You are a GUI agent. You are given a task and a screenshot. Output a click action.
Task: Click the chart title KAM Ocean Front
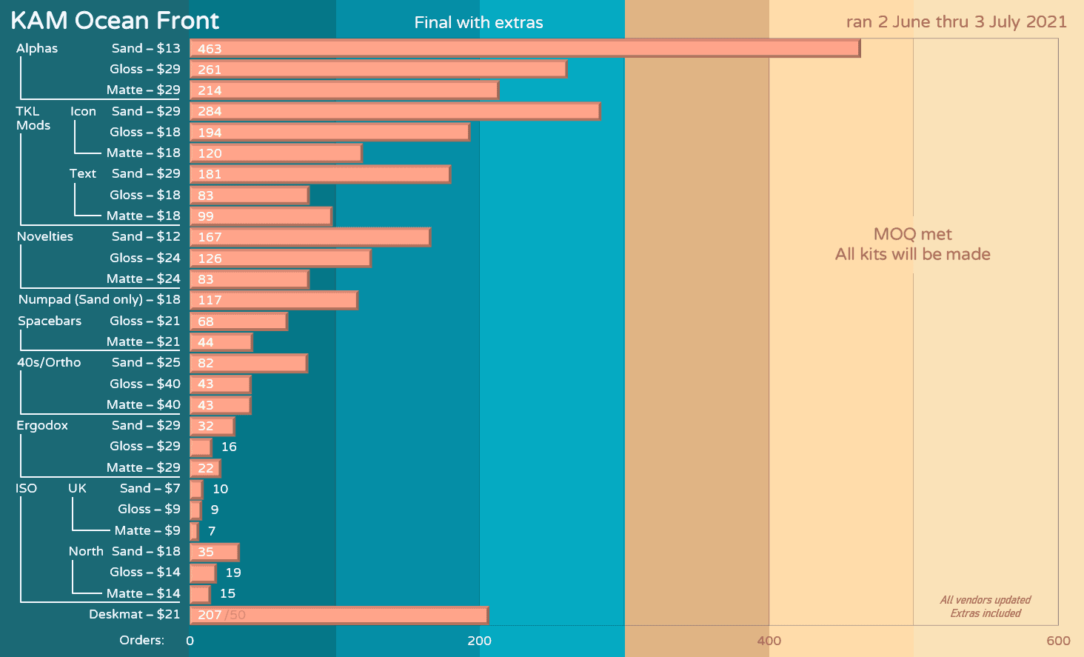(115, 21)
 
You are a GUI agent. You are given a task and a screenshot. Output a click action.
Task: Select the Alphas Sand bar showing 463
(524, 49)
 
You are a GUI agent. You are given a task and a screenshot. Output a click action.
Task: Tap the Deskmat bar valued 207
(338, 615)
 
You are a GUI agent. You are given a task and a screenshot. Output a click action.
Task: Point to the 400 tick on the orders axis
(769, 641)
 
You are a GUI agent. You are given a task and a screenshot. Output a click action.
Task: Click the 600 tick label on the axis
(1058, 641)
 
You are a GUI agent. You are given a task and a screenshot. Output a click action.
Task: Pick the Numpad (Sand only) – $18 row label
(99, 299)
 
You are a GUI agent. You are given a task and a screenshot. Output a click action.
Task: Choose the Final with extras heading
(478, 23)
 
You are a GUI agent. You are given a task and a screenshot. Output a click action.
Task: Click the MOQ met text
(912, 234)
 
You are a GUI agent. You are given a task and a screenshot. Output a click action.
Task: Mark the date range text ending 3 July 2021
(956, 21)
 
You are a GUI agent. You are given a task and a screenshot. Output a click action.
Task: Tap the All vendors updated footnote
(985, 600)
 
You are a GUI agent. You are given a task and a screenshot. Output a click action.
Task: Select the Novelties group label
(45, 236)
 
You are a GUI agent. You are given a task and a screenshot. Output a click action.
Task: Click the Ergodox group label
(42, 425)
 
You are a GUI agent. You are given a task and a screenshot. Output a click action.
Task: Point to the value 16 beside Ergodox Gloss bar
(229, 447)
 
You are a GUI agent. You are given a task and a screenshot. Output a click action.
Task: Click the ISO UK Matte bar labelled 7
(194, 531)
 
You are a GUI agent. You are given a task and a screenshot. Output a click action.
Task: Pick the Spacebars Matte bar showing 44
(221, 342)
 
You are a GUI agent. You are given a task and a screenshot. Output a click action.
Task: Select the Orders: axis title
(141, 640)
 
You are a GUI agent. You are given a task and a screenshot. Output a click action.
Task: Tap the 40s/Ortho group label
(49, 362)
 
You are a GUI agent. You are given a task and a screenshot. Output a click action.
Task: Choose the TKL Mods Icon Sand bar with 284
(395, 111)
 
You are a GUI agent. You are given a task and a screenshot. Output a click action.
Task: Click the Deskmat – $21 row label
(134, 614)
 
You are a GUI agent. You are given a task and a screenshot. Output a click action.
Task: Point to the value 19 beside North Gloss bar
(233, 573)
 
